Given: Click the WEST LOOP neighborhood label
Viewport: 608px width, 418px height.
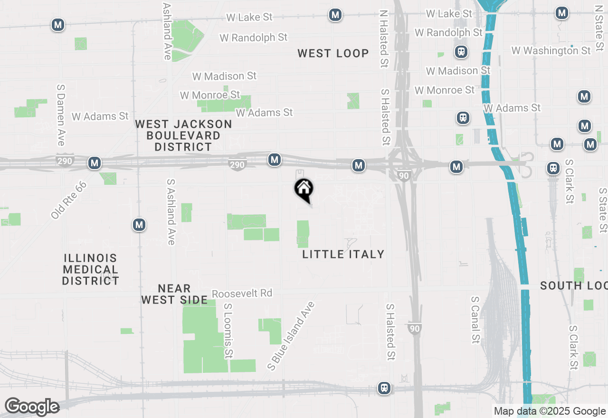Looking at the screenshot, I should (333, 53).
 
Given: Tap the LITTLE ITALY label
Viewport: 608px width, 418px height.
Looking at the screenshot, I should (343, 254).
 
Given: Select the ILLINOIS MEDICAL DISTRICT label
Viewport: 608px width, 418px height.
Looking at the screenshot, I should (90, 269).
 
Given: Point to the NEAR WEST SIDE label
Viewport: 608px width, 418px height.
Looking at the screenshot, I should (174, 294).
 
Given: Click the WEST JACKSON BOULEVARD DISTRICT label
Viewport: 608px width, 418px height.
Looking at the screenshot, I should (183, 135).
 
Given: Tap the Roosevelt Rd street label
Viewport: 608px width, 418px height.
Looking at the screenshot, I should (242, 294).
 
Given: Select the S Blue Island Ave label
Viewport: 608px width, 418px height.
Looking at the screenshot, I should (291, 336).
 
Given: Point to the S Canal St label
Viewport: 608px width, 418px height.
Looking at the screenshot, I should (475, 320).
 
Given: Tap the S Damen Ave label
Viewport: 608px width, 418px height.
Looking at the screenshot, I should (61, 115).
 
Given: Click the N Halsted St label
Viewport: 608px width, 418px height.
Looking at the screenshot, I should (383, 39).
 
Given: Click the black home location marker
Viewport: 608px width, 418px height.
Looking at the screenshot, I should (304, 190).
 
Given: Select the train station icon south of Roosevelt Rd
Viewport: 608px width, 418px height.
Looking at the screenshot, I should (384, 388).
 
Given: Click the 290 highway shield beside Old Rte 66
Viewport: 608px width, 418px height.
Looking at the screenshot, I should (65, 161).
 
